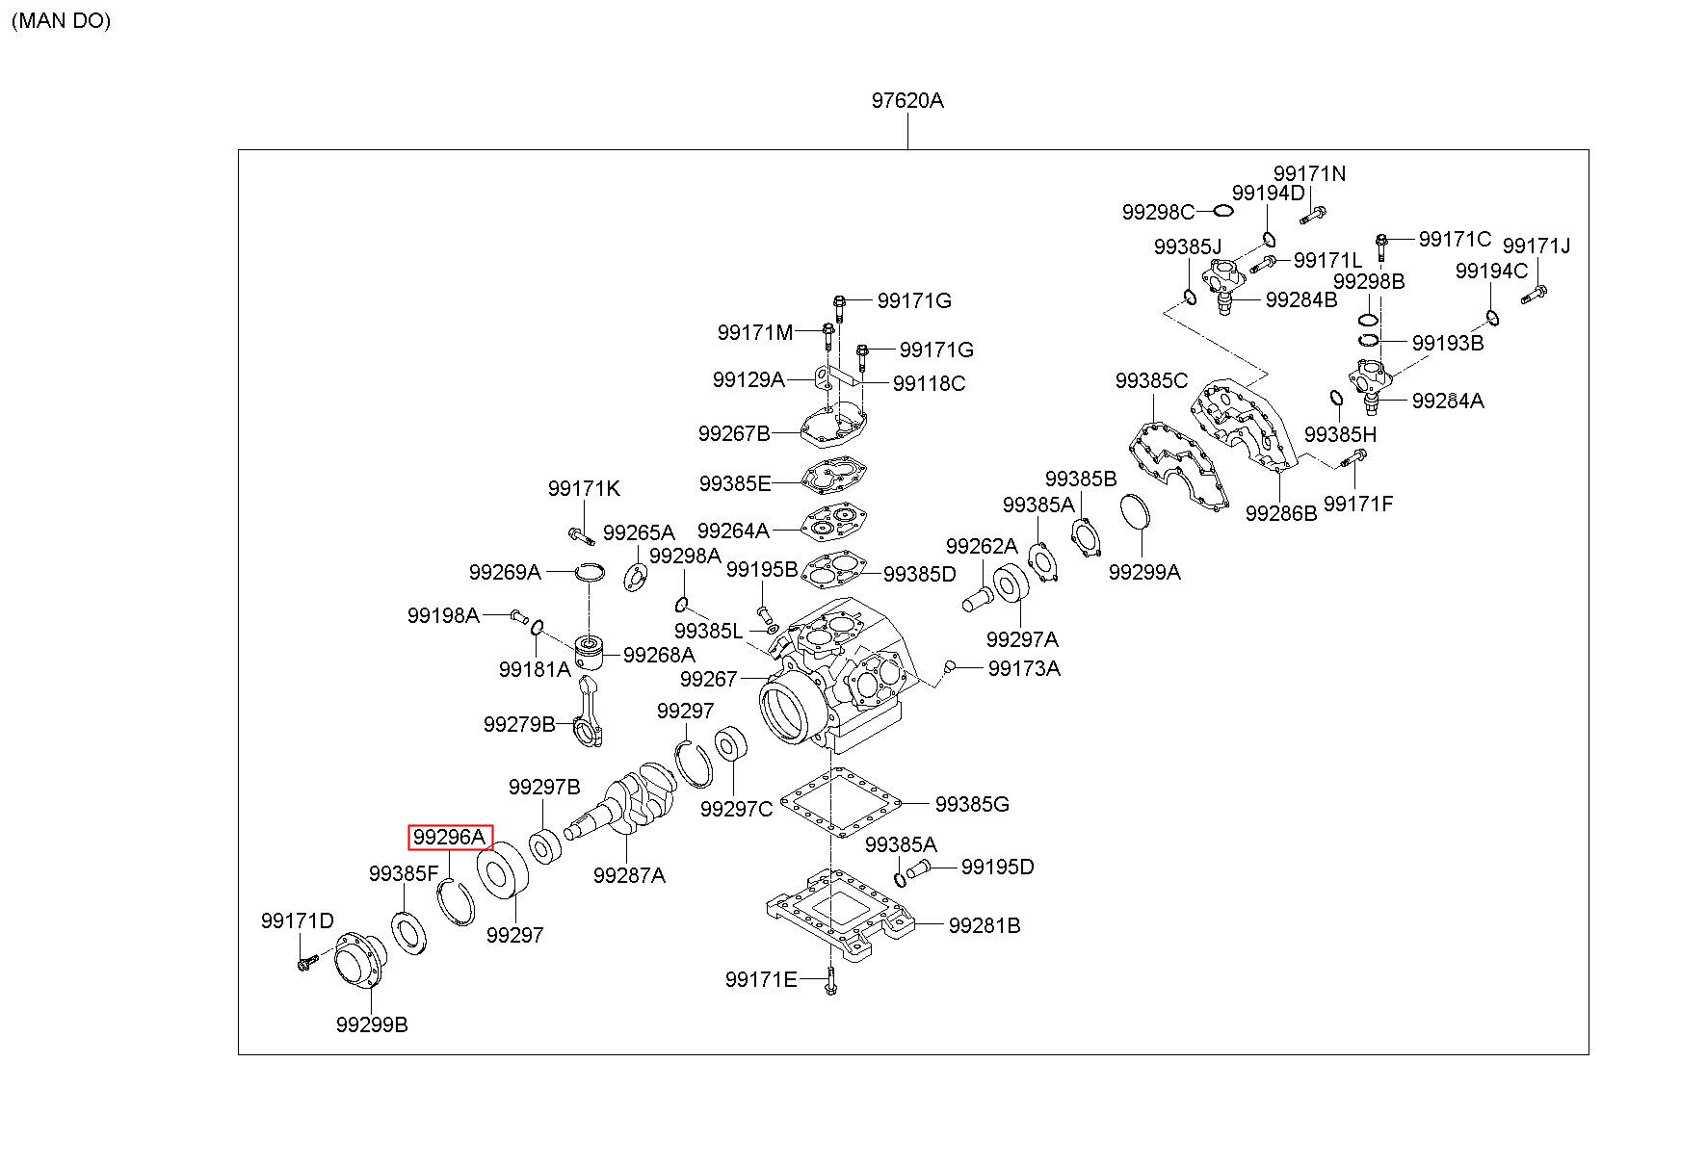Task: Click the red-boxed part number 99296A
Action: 451,838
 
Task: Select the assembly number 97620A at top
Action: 907,100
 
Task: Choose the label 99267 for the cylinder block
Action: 708,679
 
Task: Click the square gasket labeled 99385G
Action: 839,802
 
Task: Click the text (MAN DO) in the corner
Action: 62,21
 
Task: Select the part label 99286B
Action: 1280,513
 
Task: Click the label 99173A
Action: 1024,668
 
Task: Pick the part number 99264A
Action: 733,531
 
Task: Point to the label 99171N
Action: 1309,173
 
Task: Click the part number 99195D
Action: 997,868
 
